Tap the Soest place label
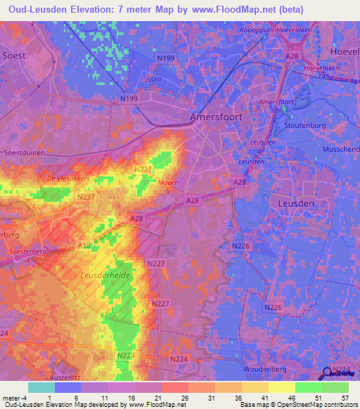[x=15, y=54]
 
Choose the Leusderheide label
[x=105, y=276]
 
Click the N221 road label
[x=142, y=169]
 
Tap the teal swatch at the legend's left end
[x=41, y=387]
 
